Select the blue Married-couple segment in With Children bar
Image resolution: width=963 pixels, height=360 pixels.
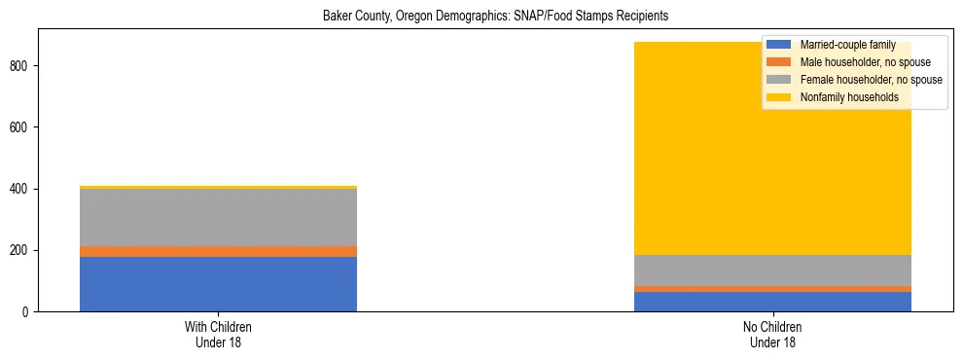click(x=218, y=283)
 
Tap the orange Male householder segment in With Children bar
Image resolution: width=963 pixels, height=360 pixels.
click(x=218, y=251)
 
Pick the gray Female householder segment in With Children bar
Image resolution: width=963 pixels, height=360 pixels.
click(x=218, y=217)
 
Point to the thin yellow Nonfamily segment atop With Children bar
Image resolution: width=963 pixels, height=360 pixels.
click(x=218, y=187)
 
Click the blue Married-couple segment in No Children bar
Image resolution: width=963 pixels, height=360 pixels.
click(x=772, y=302)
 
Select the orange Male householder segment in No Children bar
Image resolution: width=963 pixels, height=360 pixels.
click(x=772, y=289)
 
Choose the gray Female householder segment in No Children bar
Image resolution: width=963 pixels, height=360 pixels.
click(x=772, y=270)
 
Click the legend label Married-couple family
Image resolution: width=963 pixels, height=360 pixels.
click(x=847, y=45)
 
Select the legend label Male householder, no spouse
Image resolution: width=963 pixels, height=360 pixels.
click(x=865, y=62)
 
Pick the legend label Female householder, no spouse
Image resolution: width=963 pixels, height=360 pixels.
click(x=871, y=80)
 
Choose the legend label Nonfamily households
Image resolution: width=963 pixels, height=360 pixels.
click(x=848, y=97)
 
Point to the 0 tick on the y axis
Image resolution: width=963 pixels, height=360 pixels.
click(x=27, y=312)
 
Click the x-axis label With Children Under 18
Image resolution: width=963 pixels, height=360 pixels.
click(x=218, y=334)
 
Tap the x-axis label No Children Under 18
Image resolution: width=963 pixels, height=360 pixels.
click(x=772, y=334)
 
